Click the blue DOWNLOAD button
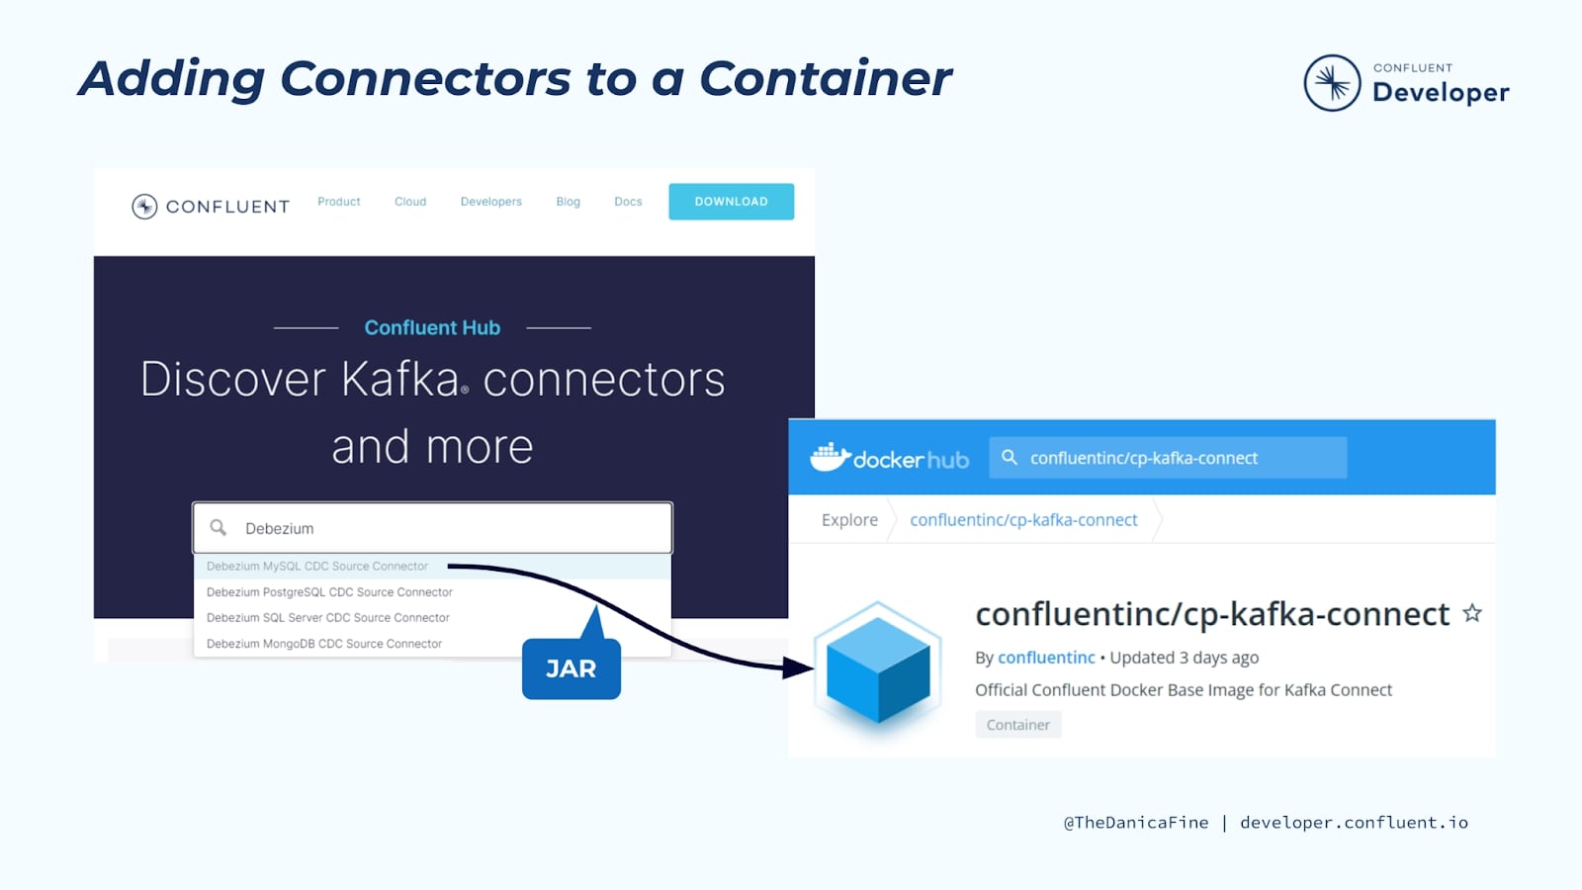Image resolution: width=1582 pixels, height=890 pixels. [731, 202]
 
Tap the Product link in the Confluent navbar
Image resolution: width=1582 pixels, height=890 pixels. [339, 202]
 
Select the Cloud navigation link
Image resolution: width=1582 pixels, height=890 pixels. [410, 202]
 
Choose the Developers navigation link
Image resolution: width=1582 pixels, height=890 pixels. [491, 202]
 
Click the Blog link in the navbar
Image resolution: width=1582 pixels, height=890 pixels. [569, 202]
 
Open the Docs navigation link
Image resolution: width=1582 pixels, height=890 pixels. [628, 202]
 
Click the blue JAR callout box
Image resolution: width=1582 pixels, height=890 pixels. [571, 668]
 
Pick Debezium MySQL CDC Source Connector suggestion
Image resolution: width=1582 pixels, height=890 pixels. [317, 567]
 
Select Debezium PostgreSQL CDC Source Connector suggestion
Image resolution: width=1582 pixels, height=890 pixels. [329, 592]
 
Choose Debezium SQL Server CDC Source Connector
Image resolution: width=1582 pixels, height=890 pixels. [327, 618]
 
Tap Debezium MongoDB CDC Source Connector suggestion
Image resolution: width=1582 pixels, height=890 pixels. [324, 644]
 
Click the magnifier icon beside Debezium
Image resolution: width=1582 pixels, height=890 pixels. [219, 527]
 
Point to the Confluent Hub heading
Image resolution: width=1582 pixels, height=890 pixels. [432, 327]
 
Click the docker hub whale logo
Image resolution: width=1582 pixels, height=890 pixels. [831, 457]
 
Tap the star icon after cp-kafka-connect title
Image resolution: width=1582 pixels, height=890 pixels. [1472, 613]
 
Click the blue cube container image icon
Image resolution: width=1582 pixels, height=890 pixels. [877, 668]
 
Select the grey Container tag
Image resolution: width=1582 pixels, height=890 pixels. [1017, 725]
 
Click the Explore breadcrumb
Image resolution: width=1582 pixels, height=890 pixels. [849, 520]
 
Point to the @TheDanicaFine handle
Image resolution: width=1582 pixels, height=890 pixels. [1135, 823]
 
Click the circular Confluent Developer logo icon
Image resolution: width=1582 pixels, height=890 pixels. [1332, 83]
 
